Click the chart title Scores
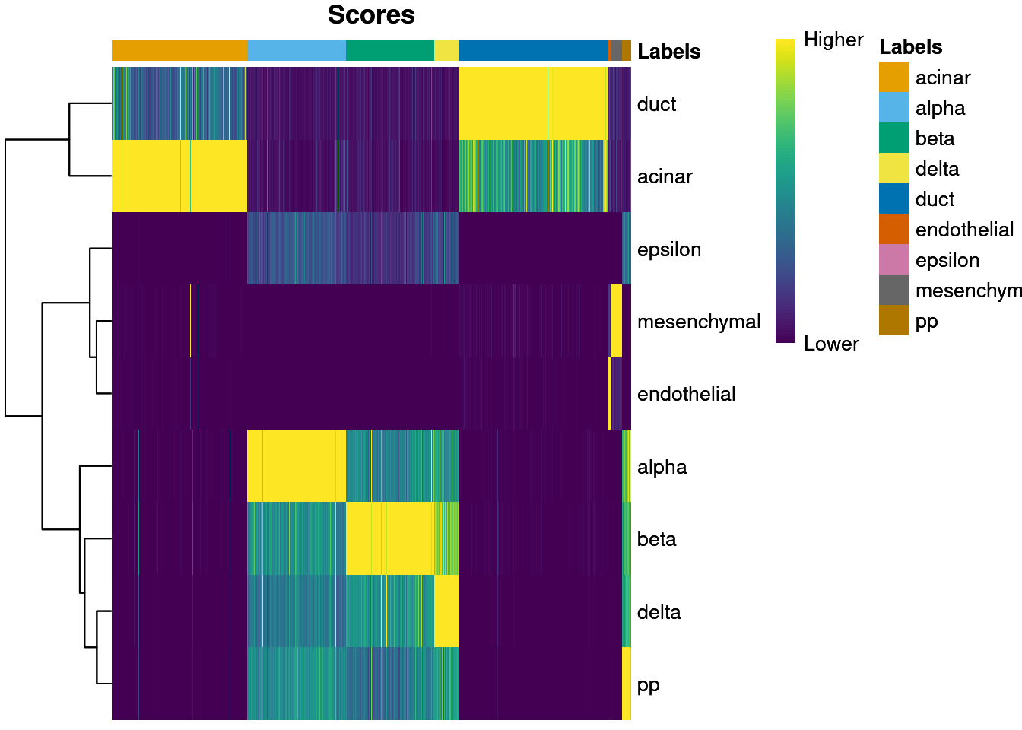[371, 15]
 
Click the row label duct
[656, 104]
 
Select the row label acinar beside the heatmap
[665, 176]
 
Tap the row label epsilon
[668, 249]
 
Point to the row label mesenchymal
[698, 322]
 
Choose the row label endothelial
[686, 394]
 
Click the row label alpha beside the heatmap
[662, 467]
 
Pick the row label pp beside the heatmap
[648, 685]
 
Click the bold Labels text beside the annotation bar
[668, 52]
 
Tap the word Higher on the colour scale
[833, 40]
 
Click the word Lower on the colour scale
[830, 344]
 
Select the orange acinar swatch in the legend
[893, 78]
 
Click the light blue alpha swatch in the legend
[893, 108]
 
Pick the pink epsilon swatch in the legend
[893, 260]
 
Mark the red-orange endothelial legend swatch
[893, 230]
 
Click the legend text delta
[937, 169]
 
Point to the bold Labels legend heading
[910, 47]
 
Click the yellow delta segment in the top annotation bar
[446, 50]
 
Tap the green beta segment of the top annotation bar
[389, 50]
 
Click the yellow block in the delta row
[446, 611]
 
